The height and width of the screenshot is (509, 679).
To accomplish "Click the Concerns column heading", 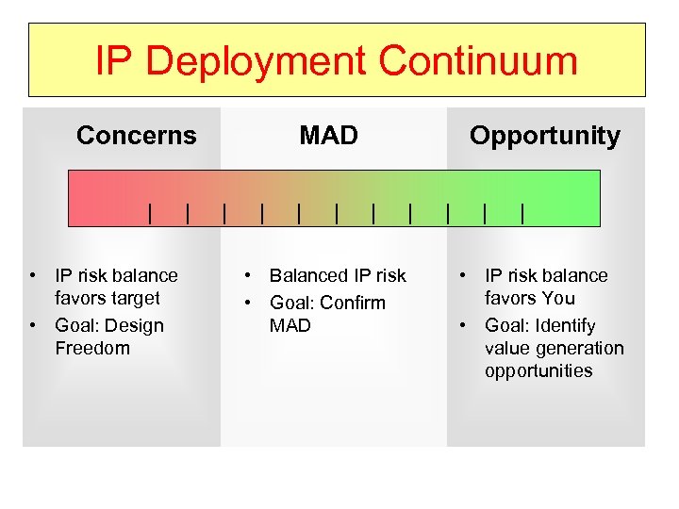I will click(x=137, y=136).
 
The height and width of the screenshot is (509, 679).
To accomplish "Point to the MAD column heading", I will click(x=328, y=136).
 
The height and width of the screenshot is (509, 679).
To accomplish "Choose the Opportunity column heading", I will click(x=545, y=136).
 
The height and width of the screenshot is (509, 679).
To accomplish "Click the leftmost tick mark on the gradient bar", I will click(x=150, y=214).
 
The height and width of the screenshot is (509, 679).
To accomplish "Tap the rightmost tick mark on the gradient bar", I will click(x=522, y=214).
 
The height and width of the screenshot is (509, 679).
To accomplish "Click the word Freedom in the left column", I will click(x=92, y=348).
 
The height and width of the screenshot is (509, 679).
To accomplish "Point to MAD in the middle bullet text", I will click(x=290, y=325).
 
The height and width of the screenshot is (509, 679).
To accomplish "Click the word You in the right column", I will click(x=556, y=299).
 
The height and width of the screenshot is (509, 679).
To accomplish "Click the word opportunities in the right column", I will click(x=538, y=370).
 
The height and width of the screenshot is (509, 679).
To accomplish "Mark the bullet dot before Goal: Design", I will click(x=33, y=326).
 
